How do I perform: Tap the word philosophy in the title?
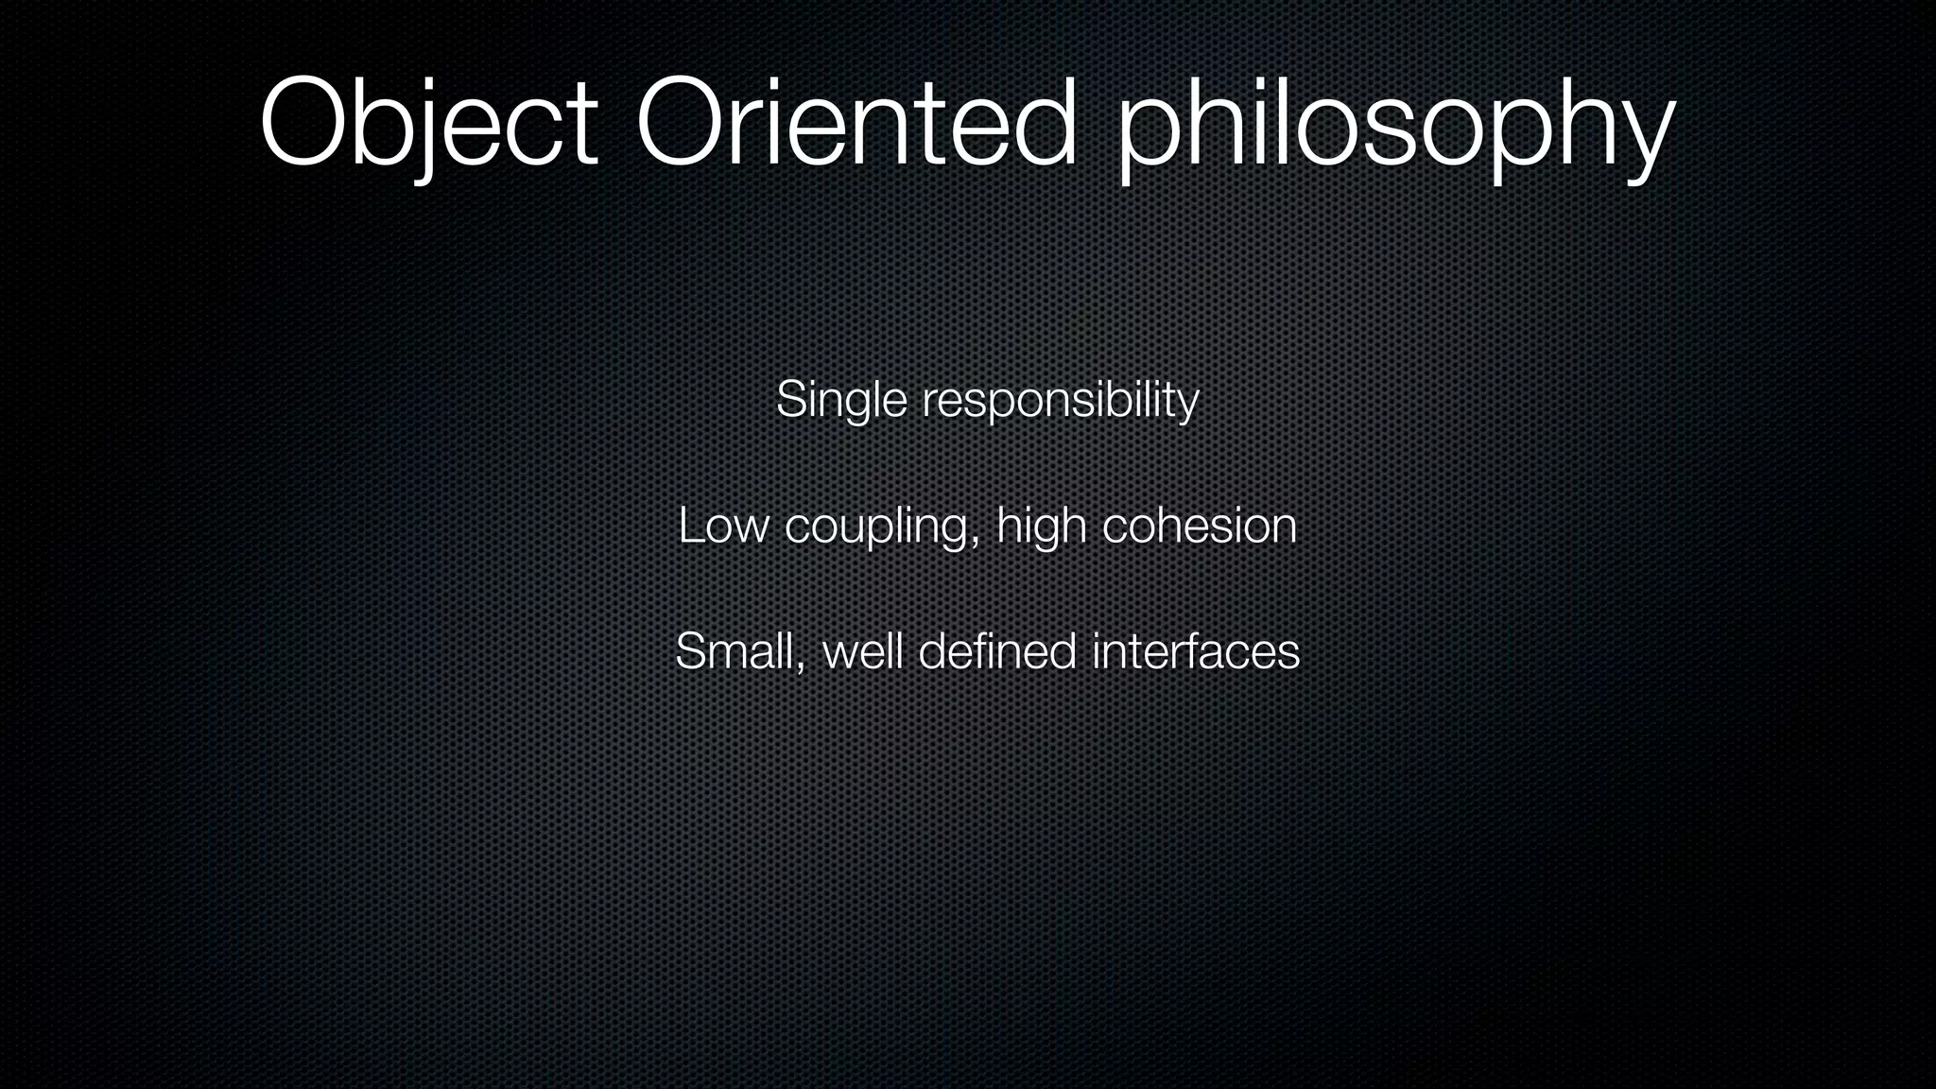pyautogui.click(x=1395, y=128)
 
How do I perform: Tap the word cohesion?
pyautogui.click(x=1200, y=526)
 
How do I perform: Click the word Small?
pyautogui.click(x=735, y=651)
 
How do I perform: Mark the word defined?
pyautogui.click(x=997, y=651)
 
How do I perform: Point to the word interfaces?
pyautogui.click(x=1196, y=651)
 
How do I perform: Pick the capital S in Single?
pyautogui.click(x=790, y=400)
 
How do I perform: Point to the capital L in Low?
pyautogui.click(x=689, y=526)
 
